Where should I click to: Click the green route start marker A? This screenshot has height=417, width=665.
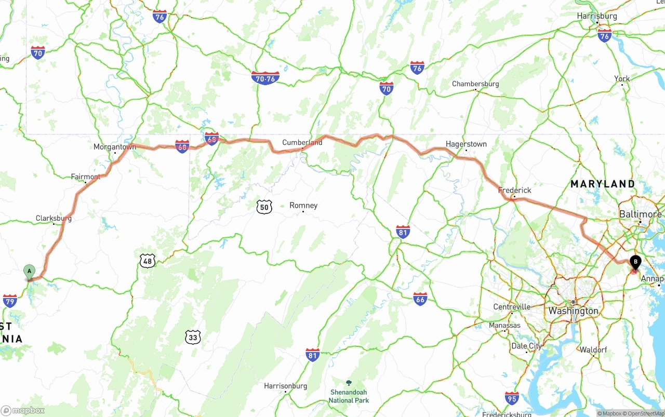(30, 271)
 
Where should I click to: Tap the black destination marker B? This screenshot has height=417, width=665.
(635, 262)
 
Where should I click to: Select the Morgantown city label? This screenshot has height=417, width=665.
(114, 147)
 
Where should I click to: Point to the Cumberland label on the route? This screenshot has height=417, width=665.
(302, 142)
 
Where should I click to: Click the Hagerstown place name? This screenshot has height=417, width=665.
(466, 144)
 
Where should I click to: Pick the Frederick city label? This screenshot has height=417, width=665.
(514, 190)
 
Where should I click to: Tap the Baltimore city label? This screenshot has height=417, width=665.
(640, 214)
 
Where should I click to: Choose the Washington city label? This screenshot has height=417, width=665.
(573, 311)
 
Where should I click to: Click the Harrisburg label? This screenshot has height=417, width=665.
(597, 16)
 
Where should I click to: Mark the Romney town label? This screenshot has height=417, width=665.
(303, 206)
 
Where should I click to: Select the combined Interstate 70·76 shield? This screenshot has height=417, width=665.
(265, 78)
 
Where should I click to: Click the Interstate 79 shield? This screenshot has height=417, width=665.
(10, 301)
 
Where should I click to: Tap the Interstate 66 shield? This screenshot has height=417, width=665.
(420, 299)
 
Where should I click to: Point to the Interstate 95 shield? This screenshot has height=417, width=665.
(512, 398)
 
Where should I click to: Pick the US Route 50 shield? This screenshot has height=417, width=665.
(264, 207)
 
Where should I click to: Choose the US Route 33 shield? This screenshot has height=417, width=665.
(193, 338)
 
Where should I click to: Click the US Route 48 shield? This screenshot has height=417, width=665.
(148, 261)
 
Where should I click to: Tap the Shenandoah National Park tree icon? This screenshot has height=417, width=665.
(349, 383)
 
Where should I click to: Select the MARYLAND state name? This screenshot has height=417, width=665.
(603, 184)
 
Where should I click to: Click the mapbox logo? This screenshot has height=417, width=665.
(23, 411)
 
